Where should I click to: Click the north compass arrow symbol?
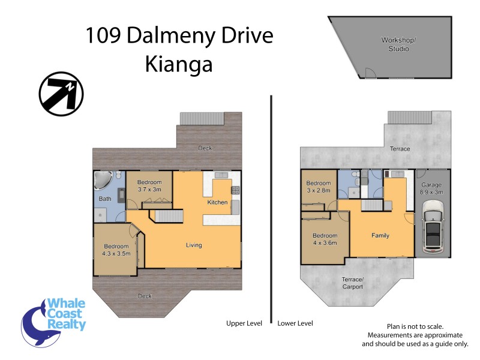click(x=61, y=94)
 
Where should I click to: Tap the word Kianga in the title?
click(x=179, y=64)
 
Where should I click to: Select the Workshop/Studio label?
click(x=395, y=44)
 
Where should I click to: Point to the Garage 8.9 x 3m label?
click(x=432, y=188)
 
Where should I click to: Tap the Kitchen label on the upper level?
click(x=217, y=202)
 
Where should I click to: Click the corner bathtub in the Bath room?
click(x=103, y=181)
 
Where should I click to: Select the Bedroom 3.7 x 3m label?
click(x=149, y=185)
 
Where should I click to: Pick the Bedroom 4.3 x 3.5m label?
click(x=116, y=250)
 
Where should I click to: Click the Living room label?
click(x=193, y=245)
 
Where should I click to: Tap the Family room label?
click(x=380, y=235)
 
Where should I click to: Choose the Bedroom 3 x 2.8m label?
click(x=318, y=187)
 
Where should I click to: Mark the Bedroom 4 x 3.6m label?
click(x=325, y=239)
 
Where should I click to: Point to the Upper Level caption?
click(x=244, y=323)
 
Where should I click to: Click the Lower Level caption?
click(x=295, y=323)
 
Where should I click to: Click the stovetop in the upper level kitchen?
click(x=235, y=190)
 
